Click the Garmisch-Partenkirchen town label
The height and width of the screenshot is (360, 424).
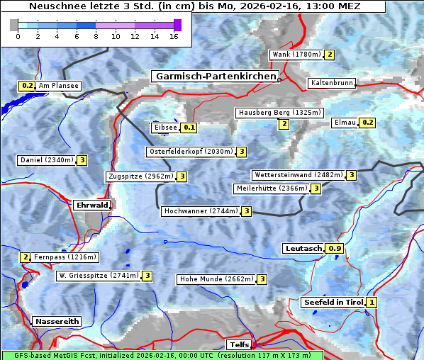pos(214,77)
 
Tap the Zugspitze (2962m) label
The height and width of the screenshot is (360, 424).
pos(140,176)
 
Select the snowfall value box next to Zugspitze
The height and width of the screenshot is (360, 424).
pos(182,176)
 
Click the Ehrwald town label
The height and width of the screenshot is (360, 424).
pos(91,206)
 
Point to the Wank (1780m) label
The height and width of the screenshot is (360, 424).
pos(296,55)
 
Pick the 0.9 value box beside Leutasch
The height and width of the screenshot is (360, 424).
pos(335,249)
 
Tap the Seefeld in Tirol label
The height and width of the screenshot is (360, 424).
pos(333,303)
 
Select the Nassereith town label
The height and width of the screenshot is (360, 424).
pos(57,321)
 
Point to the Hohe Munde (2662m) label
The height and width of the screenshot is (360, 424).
pos(216,279)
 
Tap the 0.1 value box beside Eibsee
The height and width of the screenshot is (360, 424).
pos(189,128)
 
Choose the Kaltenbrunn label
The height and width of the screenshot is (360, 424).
pos(331,83)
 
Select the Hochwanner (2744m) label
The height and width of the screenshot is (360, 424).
pos(200,211)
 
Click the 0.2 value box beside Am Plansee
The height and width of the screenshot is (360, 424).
pos(27,86)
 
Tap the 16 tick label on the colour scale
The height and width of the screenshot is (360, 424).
pos(174,37)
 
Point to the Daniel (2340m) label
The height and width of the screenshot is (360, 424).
pos(46,160)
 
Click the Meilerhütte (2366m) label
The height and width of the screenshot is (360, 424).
pos(272,189)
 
